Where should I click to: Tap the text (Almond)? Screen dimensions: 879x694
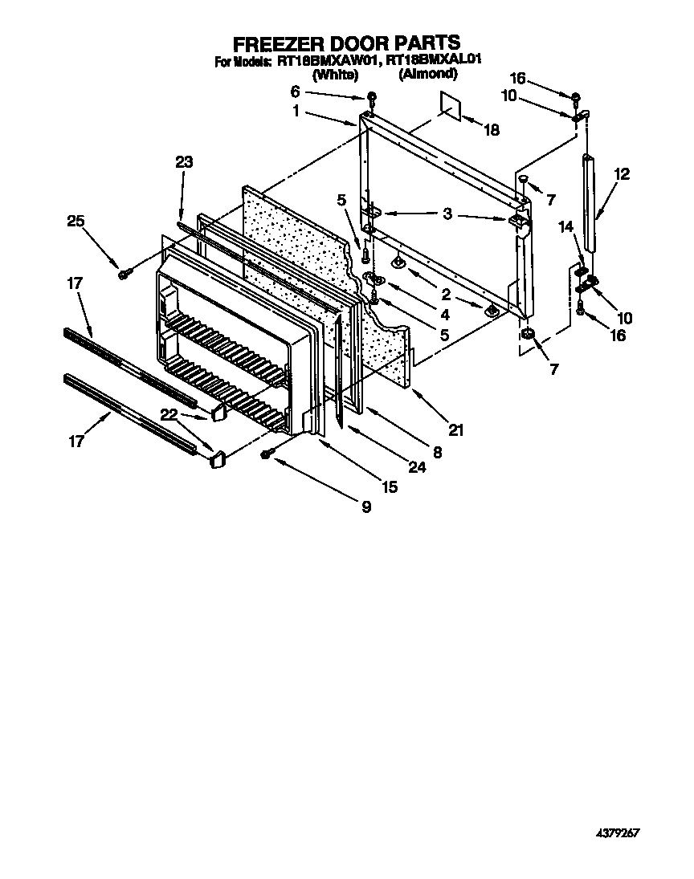coord(428,74)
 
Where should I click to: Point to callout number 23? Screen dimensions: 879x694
coord(184,162)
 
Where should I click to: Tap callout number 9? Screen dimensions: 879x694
coord(365,507)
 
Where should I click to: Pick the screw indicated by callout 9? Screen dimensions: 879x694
coord(267,455)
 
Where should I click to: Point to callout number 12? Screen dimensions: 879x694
coord(623,173)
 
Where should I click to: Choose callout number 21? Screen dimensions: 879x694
coord(455,429)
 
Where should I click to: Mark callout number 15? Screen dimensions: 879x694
coord(390,486)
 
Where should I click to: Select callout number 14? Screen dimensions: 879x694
coord(566,227)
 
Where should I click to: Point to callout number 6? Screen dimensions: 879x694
coord(295,92)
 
